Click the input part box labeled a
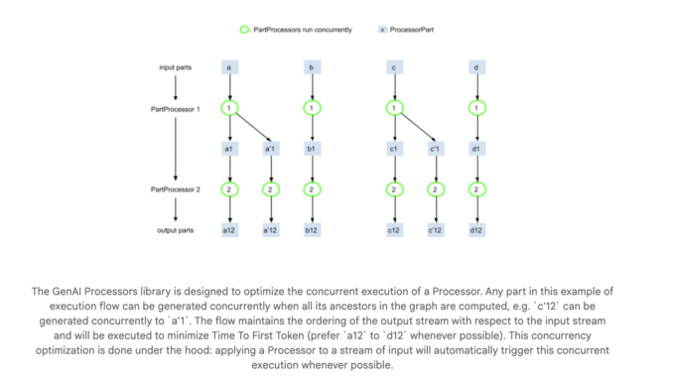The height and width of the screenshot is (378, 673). pos(229,66)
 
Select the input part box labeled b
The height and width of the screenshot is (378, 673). pos(313,66)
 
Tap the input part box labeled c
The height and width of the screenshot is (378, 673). pos(395,66)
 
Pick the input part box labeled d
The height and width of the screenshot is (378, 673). pos(477,66)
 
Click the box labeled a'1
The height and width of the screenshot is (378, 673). pos(270,149)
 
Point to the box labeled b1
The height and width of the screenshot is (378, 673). pos(313,149)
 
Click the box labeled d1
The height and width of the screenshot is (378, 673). pos(477,149)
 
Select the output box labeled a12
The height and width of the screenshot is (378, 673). pos(229,230)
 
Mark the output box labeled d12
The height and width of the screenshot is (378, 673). pos(477,230)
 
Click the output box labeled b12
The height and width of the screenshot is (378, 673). pos(313,230)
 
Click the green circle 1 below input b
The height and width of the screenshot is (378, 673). pos(313,107)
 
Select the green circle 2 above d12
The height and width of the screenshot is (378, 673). pos(477,189)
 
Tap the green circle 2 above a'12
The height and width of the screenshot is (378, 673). pos(270,189)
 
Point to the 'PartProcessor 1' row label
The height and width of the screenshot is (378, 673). pos(174,107)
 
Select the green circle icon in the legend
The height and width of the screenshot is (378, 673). pos(245,31)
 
